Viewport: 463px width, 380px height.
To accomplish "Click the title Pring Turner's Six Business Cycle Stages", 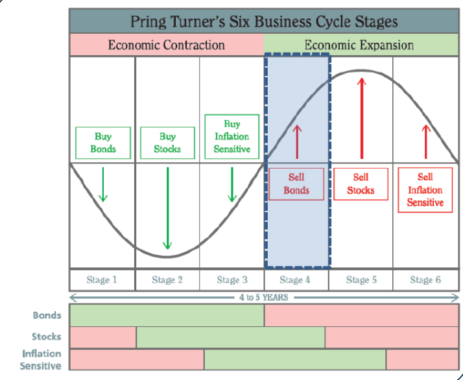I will [263, 21].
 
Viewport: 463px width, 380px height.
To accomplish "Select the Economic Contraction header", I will [166, 45].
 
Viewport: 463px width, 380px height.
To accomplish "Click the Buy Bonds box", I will [103, 143].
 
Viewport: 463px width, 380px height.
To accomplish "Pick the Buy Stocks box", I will [167, 143].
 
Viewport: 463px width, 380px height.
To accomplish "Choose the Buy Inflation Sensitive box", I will [232, 137].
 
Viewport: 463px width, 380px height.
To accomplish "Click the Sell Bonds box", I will [296, 184].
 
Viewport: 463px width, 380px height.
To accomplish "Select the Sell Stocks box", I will [361, 184].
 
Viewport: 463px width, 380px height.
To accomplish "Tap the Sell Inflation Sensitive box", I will [425, 189].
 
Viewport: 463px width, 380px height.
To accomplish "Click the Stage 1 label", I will [102, 280].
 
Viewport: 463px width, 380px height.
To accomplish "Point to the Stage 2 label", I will [167, 280].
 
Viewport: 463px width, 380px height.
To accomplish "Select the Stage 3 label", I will [231, 280].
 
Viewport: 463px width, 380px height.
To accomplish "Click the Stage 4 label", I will [296, 280].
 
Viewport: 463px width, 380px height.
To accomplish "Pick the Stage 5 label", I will [361, 280].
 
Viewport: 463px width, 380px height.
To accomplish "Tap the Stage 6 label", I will [425, 280].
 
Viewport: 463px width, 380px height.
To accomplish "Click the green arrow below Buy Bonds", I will [103, 184].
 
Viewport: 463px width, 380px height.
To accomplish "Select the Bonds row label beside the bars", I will [47, 316].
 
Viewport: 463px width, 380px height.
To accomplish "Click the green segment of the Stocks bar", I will [230, 337].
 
